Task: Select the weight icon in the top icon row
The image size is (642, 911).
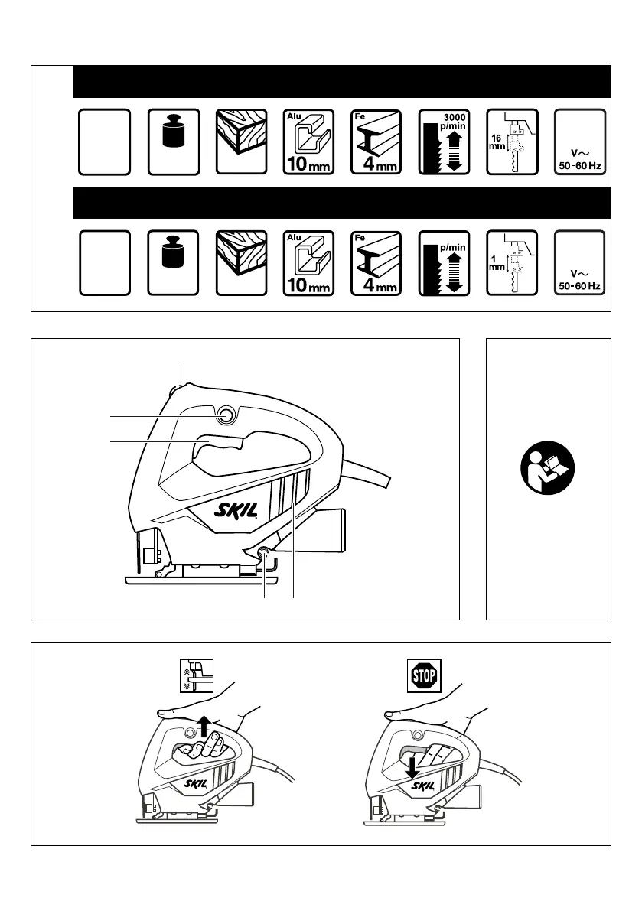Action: coord(174,131)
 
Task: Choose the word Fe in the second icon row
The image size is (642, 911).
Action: coord(360,238)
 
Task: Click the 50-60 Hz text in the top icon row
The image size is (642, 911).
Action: coord(580,167)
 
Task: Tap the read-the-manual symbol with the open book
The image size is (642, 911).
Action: coord(548,477)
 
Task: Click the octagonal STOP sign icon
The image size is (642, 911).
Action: coord(424,676)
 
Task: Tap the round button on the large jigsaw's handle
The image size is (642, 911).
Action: coord(226,415)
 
